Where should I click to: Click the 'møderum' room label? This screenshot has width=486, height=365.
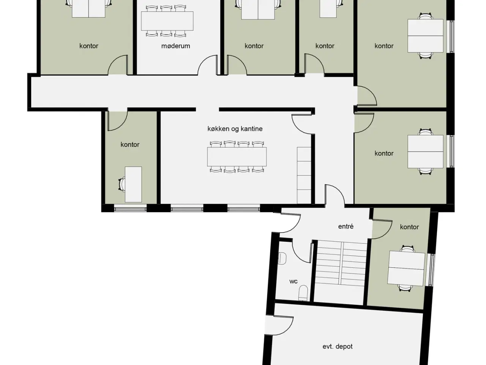click(175, 46)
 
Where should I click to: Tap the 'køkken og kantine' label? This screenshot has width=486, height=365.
click(235, 129)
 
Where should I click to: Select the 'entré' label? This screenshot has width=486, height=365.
click(346, 226)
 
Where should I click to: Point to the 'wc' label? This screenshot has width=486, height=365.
click(293, 281)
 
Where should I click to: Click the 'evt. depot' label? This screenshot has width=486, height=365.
click(338, 346)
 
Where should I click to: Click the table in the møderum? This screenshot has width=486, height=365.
click(167, 21)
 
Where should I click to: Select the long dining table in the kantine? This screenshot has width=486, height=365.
click(237, 157)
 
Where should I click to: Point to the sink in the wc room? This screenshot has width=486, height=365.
click(282, 259)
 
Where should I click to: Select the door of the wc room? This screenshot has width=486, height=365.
click(302, 252)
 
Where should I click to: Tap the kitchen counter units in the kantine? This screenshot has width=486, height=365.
click(304, 175)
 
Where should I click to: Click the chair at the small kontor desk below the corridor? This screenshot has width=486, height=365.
click(122, 184)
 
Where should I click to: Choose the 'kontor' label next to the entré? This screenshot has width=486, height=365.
click(409, 227)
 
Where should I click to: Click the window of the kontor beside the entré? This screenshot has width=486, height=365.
click(431, 270)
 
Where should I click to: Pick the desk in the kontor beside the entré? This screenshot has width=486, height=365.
click(406, 268)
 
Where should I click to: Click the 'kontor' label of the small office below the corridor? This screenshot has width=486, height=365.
click(130, 145)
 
